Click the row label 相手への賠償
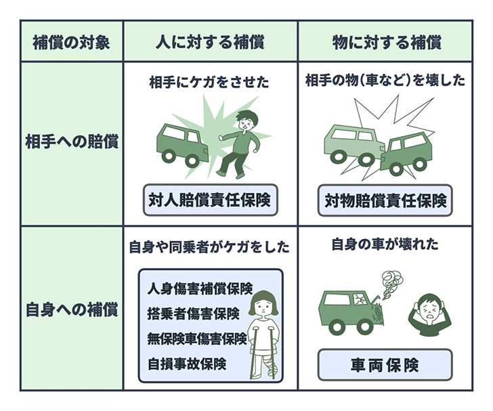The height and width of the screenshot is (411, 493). click(x=71, y=144)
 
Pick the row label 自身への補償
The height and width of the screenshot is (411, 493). click(x=71, y=311)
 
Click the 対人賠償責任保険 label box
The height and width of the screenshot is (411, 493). click(x=210, y=200)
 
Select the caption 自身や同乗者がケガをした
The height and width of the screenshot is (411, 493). click(x=209, y=248)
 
